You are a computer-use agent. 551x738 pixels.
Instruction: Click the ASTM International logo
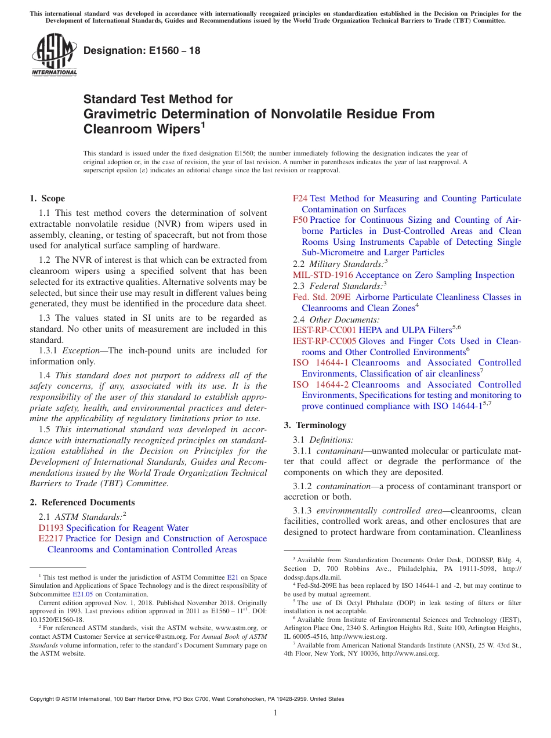coord(54,55)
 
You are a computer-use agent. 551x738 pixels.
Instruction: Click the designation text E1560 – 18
coord(142,50)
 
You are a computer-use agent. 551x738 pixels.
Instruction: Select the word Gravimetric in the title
coord(121,114)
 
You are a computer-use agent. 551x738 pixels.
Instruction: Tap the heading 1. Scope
coord(48,198)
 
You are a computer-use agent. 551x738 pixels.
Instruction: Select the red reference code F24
coord(300,198)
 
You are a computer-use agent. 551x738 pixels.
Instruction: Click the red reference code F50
coord(300,220)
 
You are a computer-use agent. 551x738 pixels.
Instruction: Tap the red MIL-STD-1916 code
coord(322,275)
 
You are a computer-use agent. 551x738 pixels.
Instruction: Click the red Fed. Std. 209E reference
coord(322,297)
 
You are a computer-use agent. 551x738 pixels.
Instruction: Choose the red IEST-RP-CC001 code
coord(324,330)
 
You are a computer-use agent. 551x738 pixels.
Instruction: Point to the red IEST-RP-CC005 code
coord(324,341)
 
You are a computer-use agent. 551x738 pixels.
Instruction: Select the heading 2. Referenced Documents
coord(82,502)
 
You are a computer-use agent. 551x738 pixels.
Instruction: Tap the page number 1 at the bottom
coord(275,713)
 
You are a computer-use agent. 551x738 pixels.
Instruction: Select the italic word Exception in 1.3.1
coord(81,350)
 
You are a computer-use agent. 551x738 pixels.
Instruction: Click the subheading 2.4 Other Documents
coord(336,319)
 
